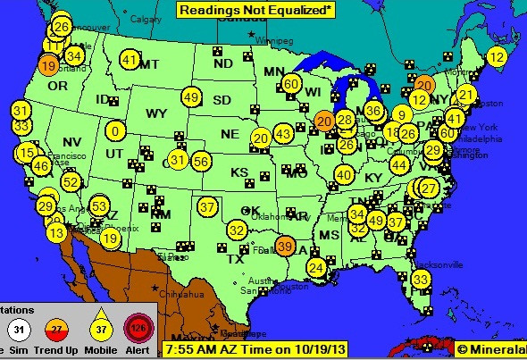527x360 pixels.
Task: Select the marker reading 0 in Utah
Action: (x=114, y=130)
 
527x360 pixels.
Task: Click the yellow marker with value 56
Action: (x=201, y=161)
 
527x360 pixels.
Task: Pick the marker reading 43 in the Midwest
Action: (x=283, y=134)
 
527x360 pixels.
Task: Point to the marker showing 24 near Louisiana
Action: (x=315, y=267)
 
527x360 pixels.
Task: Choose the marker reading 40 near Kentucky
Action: (x=344, y=174)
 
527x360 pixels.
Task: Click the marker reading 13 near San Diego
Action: (x=56, y=232)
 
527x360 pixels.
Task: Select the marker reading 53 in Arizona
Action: (x=99, y=206)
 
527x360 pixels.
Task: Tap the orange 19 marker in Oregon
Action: (x=48, y=65)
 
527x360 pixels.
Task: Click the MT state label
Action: (x=148, y=64)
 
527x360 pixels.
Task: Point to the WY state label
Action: (x=156, y=113)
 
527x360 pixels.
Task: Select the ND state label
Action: (x=222, y=63)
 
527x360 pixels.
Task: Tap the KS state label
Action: (x=239, y=172)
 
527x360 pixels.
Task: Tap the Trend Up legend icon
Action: (x=58, y=330)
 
